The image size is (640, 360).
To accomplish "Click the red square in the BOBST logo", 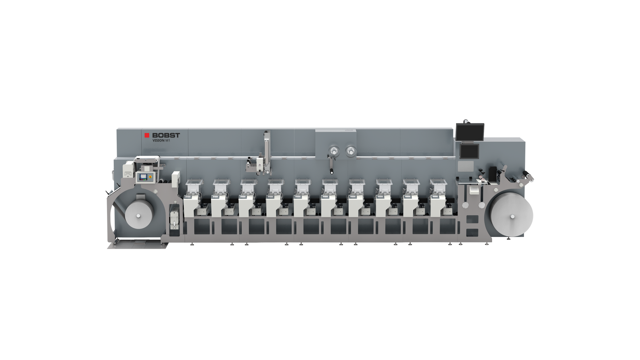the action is pos(147,135).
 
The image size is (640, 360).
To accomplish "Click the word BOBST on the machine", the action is pos(166,135).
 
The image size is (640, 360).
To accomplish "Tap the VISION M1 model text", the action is pos(161,140).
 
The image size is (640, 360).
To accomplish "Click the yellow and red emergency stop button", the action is pos(150,176).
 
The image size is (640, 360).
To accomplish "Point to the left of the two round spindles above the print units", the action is pos(333,152).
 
